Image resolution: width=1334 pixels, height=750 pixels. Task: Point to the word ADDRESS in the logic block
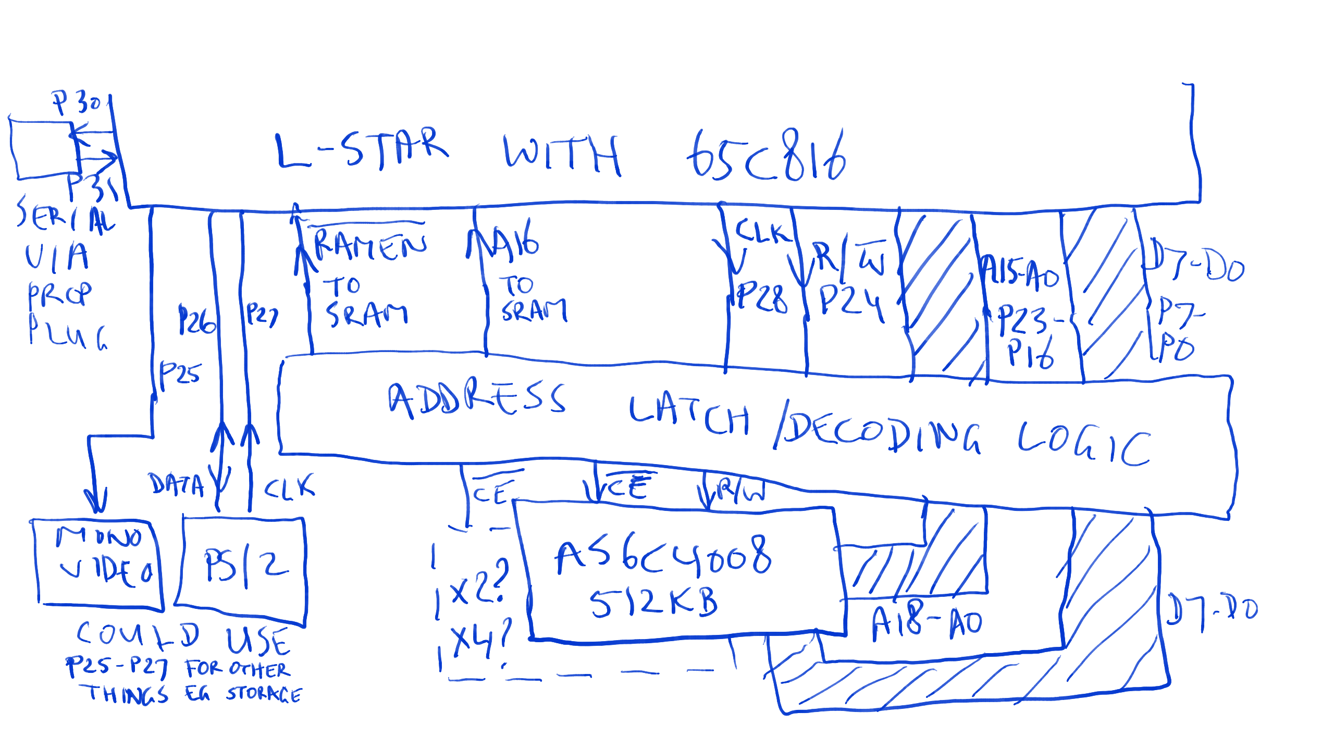476,400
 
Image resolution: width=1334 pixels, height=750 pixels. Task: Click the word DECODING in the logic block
881,438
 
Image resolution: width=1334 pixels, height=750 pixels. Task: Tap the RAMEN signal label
370,245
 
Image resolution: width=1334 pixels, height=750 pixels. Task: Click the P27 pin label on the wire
262,315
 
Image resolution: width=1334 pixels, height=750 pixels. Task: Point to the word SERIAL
66,217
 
